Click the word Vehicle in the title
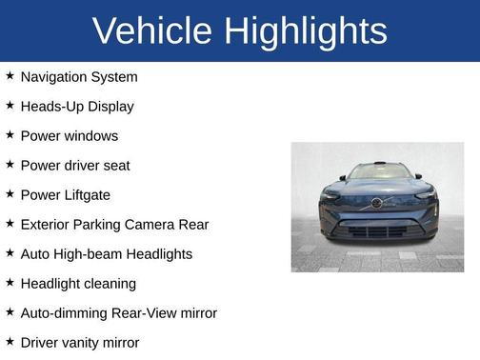(153, 30)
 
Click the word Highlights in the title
(306, 30)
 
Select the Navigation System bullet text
(79, 77)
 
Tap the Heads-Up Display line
(77, 107)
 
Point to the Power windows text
(70, 136)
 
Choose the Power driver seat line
(75, 166)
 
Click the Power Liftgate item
(66, 195)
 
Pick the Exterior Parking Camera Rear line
(114, 225)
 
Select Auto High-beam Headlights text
(107, 254)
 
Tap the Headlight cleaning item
(78, 284)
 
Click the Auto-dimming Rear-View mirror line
(119, 313)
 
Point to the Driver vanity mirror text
(80, 343)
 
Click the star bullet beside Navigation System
(10, 76)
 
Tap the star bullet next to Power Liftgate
(10, 194)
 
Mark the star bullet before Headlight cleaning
(10, 283)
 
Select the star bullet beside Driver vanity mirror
(10, 342)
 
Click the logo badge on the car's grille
(377, 203)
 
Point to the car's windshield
(377, 172)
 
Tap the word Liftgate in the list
(88, 195)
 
